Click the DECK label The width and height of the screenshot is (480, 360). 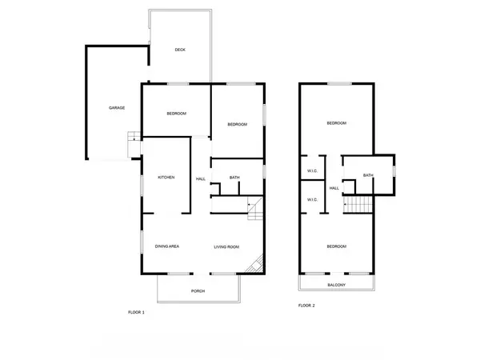pyautogui.click(x=181, y=50)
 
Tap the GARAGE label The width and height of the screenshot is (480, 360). pyautogui.click(x=117, y=107)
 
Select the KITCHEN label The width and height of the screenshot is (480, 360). pyautogui.click(x=166, y=178)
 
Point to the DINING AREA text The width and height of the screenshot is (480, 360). pyautogui.click(x=166, y=246)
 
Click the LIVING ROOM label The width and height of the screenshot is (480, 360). pyautogui.click(x=226, y=246)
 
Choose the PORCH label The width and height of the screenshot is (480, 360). pyautogui.click(x=198, y=291)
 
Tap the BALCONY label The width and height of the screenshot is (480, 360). pyautogui.click(x=336, y=285)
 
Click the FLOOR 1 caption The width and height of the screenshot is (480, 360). pyautogui.click(x=136, y=311)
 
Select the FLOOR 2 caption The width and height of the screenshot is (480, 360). pyautogui.click(x=306, y=306)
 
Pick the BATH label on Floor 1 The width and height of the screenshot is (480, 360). pyautogui.click(x=234, y=178)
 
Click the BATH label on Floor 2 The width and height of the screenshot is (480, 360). pyautogui.click(x=368, y=175)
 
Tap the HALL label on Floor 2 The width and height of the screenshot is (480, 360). pyautogui.click(x=334, y=188)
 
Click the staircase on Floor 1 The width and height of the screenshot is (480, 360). pyautogui.click(x=254, y=209)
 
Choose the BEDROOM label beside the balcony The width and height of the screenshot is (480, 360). pyautogui.click(x=336, y=246)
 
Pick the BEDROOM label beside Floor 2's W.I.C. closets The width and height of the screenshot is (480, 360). pyautogui.click(x=336, y=123)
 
